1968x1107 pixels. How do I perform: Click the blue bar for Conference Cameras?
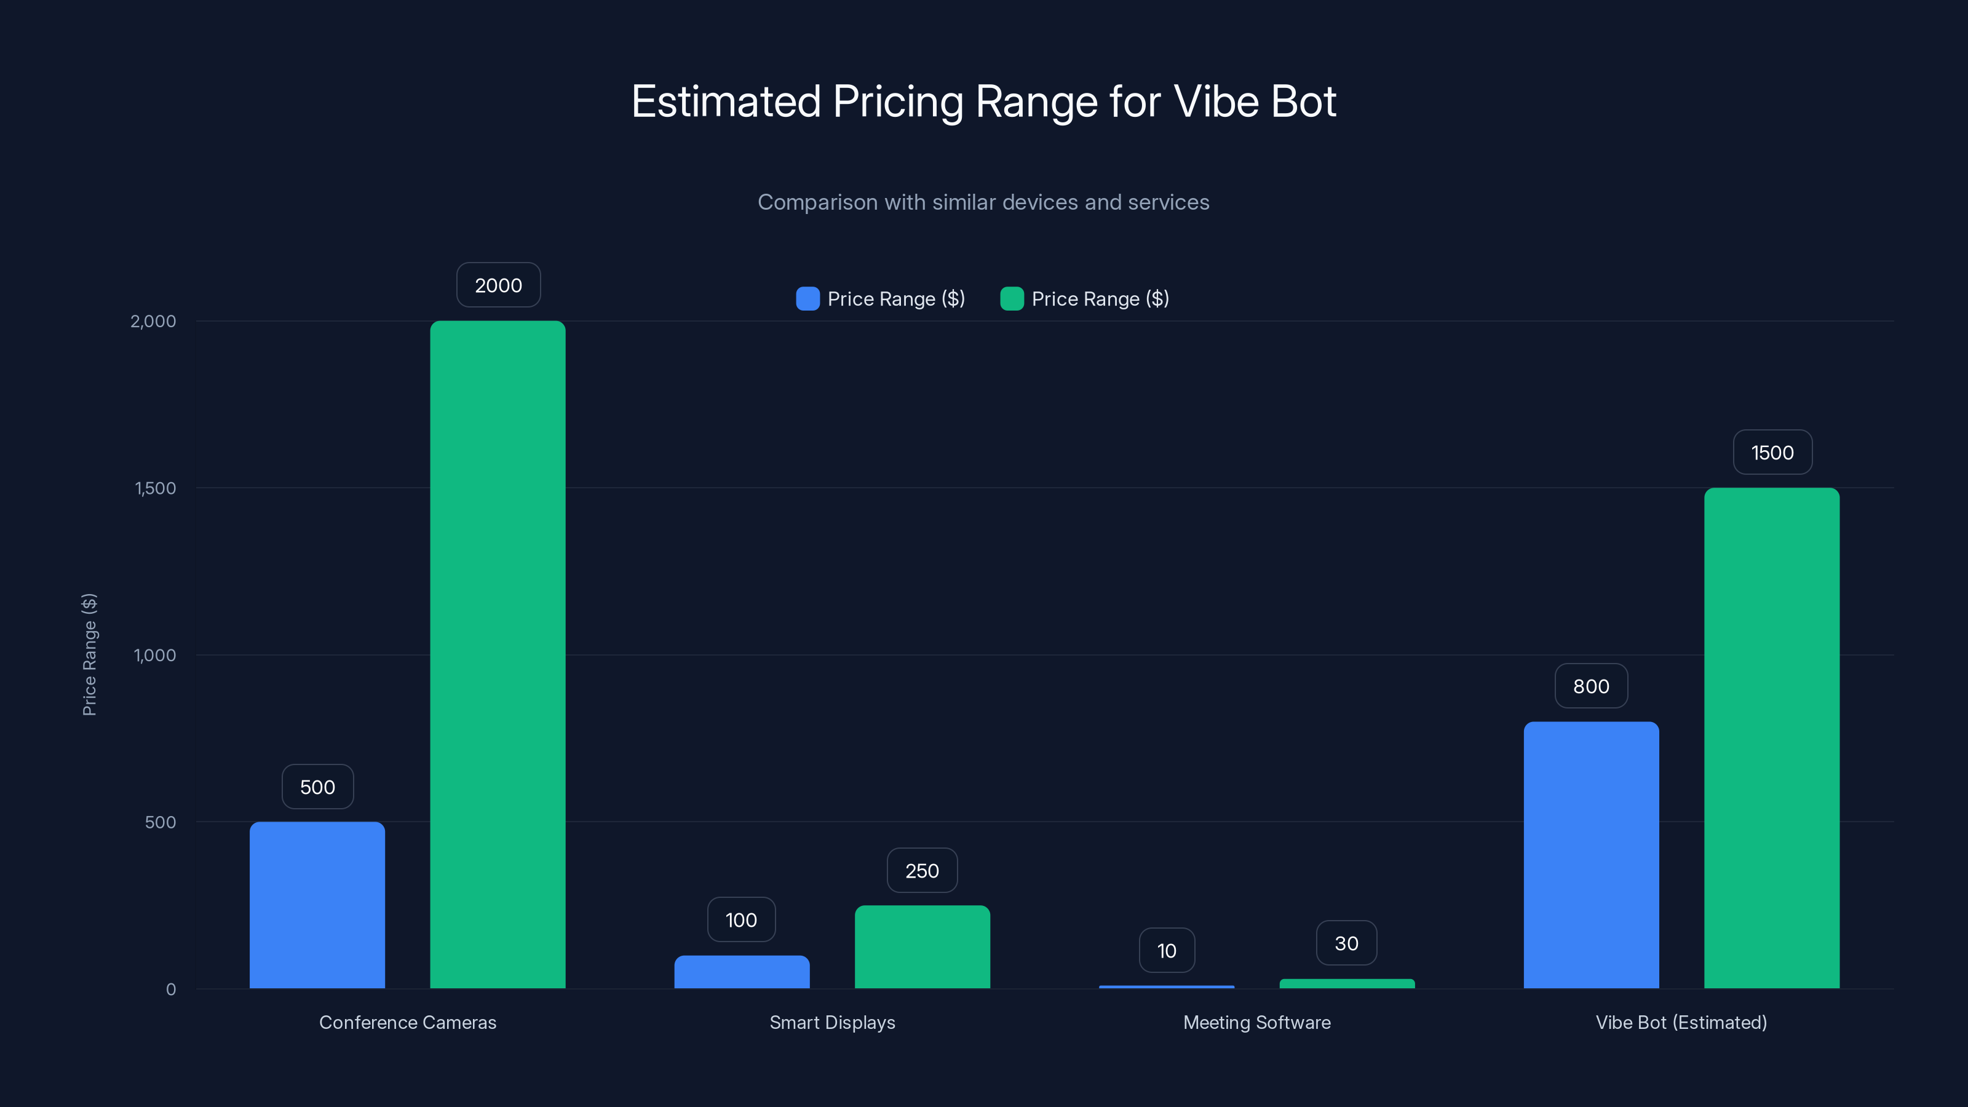click(317, 905)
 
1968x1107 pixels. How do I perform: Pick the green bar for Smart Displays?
click(922, 946)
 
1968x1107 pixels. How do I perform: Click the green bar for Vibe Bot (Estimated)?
click(1771, 738)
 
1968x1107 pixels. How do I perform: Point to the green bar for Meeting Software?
click(1346, 983)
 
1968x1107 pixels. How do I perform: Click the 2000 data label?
click(498, 285)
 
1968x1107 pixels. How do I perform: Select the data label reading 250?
click(921, 870)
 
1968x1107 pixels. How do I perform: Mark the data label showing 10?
click(1166, 950)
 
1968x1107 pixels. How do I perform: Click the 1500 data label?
click(1772, 452)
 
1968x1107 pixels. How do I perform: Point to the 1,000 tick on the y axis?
click(154, 655)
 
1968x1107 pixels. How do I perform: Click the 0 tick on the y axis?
click(170, 990)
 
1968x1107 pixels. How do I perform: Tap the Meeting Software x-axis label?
click(1256, 1022)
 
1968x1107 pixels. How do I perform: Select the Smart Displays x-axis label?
click(831, 1022)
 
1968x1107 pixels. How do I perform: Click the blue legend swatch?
click(807, 299)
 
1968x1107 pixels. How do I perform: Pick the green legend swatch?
click(1012, 299)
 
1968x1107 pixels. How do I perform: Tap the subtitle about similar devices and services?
click(983, 202)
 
